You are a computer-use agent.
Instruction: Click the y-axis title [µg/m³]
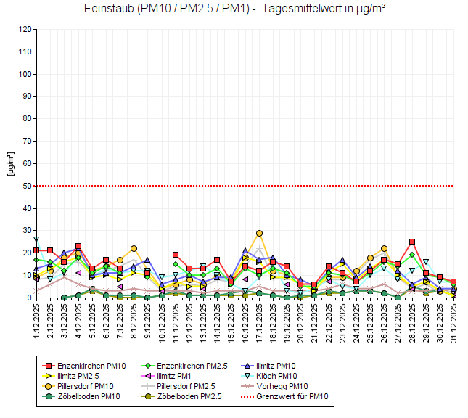(10, 164)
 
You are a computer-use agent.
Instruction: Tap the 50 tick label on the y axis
(27, 186)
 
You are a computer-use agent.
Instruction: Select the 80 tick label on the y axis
(27, 119)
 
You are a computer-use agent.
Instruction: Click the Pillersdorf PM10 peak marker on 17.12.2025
(259, 233)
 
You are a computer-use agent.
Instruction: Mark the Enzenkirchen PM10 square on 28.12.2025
(411, 242)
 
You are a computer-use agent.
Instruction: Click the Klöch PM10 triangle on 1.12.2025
(36, 239)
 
